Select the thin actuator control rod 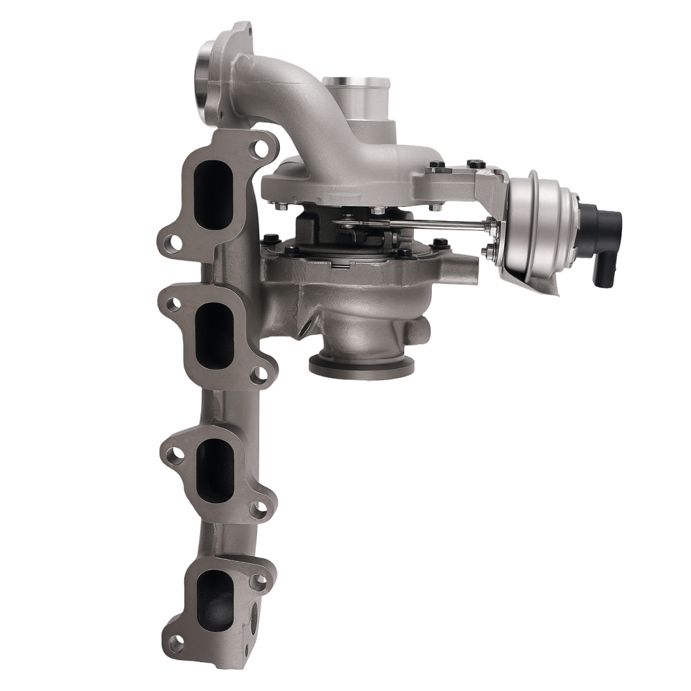tap(415, 224)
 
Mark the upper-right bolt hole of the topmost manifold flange tap(261, 148)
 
